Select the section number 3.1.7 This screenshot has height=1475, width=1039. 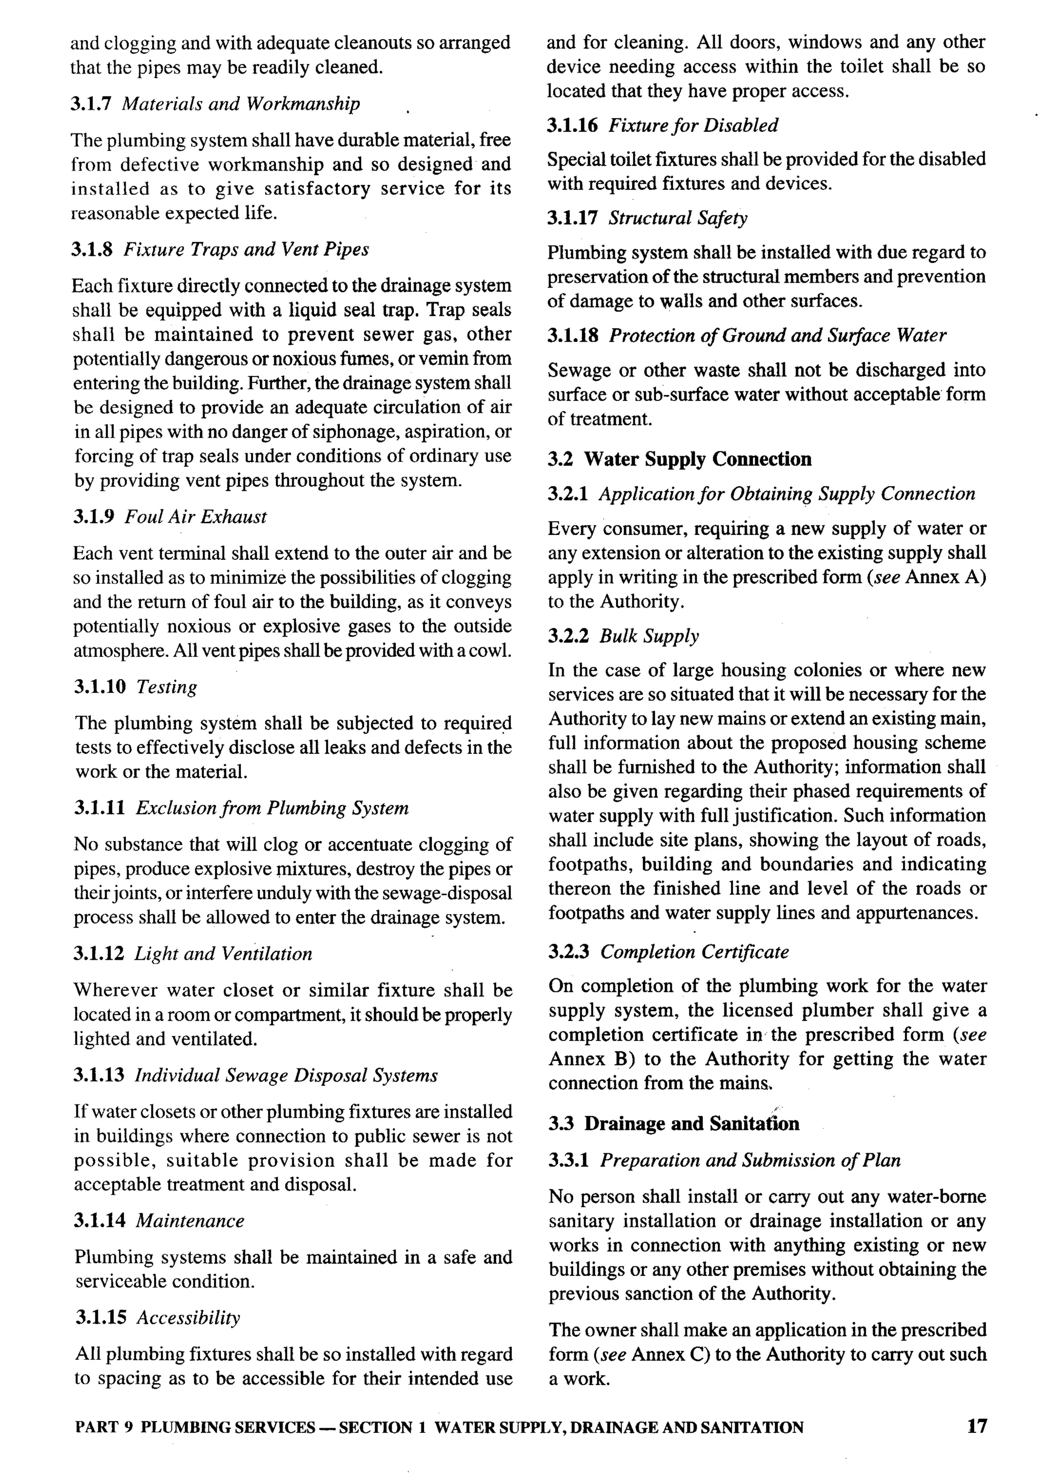[92, 104]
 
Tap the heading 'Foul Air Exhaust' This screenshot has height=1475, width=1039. [196, 517]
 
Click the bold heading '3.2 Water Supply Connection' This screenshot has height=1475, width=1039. [679, 459]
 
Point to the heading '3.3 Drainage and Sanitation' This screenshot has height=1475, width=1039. [674, 1124]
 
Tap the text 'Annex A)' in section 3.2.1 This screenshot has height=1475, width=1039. [945, 578]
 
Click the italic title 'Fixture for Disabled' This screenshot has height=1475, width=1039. [694, 125]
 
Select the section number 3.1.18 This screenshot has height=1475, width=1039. [573, 336]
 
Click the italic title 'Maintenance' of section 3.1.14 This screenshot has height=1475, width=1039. [190, 1221]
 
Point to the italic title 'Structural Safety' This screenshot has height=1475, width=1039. [678, 218]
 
